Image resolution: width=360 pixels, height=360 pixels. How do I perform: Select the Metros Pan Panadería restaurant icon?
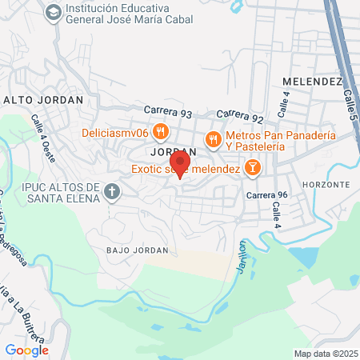click(x=213, y=140)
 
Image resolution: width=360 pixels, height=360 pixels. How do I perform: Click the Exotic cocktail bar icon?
click(x=252, y=167)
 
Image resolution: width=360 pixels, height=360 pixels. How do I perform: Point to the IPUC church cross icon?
click(x=112, y=192)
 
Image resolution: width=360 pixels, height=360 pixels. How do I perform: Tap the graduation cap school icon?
click(x=53, y=12)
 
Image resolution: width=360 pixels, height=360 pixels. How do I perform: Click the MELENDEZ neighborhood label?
click(x=312, y=82)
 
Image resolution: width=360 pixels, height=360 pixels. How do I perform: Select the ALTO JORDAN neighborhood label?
click(x=44, y=100)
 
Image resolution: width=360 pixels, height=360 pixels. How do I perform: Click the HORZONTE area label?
click(x=326, y=184)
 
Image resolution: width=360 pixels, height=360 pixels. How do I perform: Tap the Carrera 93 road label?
click(x=170, y=111)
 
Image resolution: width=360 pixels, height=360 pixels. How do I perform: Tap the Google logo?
click(x=26, y=350)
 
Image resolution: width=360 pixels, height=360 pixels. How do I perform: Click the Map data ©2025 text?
click(x=326, y=354)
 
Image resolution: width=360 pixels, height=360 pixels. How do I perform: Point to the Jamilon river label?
click(x=242, y=260)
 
